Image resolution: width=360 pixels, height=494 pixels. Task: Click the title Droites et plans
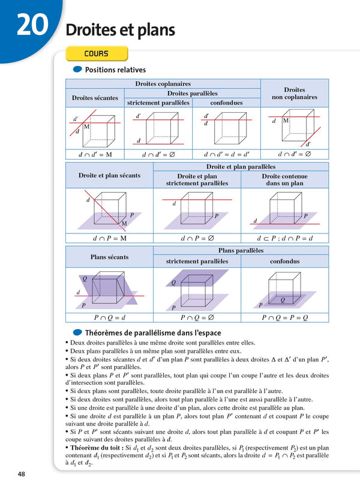(120, 30)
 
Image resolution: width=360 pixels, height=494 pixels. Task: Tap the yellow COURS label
(96, 54)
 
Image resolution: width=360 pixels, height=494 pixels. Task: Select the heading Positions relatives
(115, 70)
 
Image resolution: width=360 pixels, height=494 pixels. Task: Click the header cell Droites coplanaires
(163, 84)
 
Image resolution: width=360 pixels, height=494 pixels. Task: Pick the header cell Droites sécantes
(95, 98)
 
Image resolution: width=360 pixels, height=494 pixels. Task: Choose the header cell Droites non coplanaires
(294, 93)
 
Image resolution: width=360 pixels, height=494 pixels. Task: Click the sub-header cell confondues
(226, 103)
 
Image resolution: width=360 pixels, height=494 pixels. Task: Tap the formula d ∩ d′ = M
(95, 154)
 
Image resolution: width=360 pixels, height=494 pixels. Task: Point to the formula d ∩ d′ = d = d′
(226, 154)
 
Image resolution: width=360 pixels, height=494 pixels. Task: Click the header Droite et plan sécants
(109, 175)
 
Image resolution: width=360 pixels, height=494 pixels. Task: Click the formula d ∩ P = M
(109, 238)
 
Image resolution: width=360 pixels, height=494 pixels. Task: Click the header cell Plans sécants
(109, 257)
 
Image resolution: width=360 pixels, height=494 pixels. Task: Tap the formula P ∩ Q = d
(109, 318)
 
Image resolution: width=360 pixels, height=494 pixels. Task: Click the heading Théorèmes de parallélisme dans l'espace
(153, 333)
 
